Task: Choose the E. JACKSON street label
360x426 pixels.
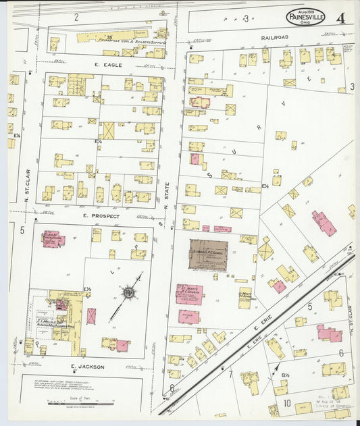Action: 88,367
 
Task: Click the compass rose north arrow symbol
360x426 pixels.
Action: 128,293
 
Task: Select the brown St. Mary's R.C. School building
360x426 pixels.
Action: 209,255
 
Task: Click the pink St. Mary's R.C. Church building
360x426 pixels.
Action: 190,294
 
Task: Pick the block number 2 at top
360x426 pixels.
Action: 76,16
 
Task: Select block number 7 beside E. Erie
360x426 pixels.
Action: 230,373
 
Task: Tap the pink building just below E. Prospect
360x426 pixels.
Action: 52,239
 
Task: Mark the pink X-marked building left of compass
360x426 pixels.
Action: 91,316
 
